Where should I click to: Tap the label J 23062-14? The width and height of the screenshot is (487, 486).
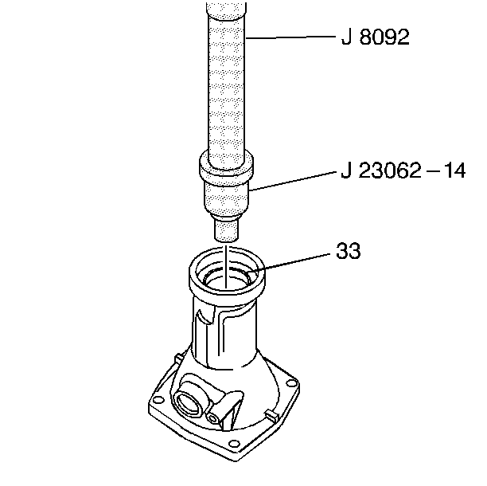coord(401,170)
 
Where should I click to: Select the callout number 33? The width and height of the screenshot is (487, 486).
coord(348,253)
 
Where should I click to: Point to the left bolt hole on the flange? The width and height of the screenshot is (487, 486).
coord(159,398)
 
